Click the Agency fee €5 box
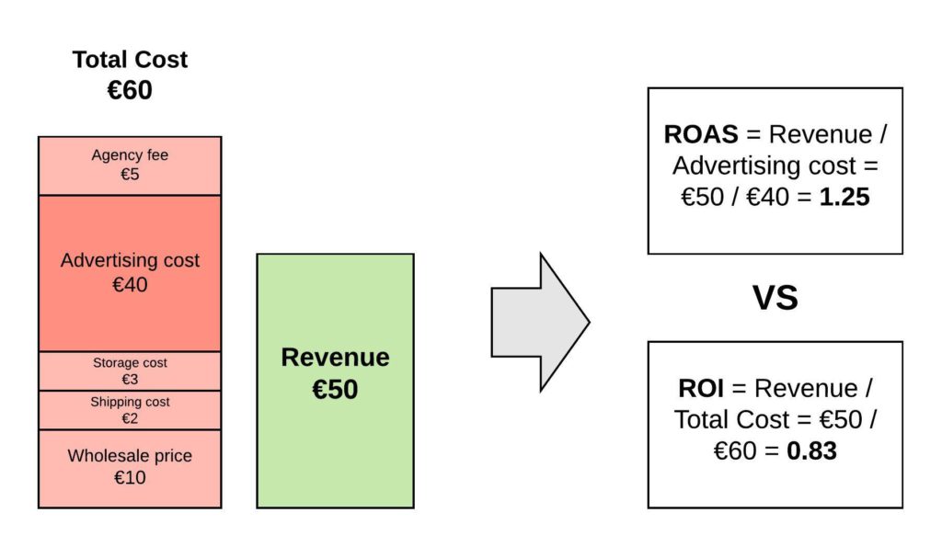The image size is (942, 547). click(x=130, y=165)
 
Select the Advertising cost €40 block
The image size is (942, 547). click(x=130, y=273)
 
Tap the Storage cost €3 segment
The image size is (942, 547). click(x=130, y=371)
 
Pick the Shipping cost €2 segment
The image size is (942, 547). click(x=130, y=410)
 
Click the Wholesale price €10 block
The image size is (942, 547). click(x=130, y=469)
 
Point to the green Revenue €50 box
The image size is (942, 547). click(x=335, y=381)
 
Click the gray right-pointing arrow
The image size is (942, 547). click(x=540, y=322)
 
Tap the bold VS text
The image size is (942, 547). click(x=775, y=298)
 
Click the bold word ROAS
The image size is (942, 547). click(x=700, y=134)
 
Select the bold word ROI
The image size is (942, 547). click(x=700, y=389)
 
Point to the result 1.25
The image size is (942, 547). click(x=844, y=197)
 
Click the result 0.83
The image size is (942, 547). click(x=811, y=450)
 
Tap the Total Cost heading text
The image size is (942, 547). click(x=130, y=60)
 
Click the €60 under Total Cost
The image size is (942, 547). click(x=130, y=90)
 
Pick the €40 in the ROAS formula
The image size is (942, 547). click(x=767, y=197)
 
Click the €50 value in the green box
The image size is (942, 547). click(x=335, y=389)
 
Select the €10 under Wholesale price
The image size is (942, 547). click(x=130, y=478)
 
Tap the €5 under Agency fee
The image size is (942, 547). click(x=130, y=175)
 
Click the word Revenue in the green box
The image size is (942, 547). click(x=335, y=358)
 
